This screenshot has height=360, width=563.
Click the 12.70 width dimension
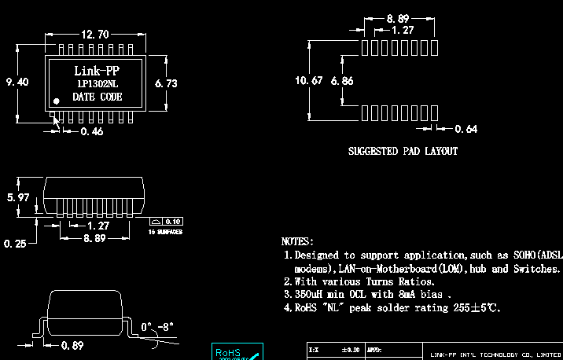94,35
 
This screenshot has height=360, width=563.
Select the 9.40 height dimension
17,82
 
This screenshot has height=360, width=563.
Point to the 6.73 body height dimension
167,83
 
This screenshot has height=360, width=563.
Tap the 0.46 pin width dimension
92,131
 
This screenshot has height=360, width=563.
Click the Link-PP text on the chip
97,71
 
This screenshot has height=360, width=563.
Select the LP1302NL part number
97,84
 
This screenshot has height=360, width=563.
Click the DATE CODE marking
97,97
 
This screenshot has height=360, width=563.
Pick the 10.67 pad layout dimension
307,81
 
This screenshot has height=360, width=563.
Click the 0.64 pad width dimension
465,129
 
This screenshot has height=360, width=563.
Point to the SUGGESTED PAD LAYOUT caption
403,151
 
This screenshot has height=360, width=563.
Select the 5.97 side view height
17,197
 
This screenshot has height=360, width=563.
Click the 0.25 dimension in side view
14,244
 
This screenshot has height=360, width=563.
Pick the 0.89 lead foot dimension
72,345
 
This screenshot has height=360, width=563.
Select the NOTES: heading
297,241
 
